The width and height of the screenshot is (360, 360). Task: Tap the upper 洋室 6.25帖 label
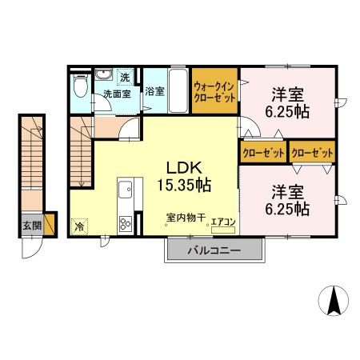point(289,102)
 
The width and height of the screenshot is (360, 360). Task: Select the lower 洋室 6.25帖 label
point(289,201)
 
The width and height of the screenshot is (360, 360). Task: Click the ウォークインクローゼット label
point(214,92)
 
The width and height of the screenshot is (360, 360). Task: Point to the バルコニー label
point(214,250)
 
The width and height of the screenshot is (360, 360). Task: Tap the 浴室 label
point(155,91)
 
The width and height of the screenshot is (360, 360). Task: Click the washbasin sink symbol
point(104,76)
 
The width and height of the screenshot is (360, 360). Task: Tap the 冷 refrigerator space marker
point(80,226)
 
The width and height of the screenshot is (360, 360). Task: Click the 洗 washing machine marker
point(125,78)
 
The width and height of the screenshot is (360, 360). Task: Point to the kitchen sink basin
point(126,190)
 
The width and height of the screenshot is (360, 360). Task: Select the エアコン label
point(224,222)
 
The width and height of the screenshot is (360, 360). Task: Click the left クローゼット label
point(262,151)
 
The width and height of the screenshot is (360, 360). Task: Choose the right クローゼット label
point(313,151)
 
